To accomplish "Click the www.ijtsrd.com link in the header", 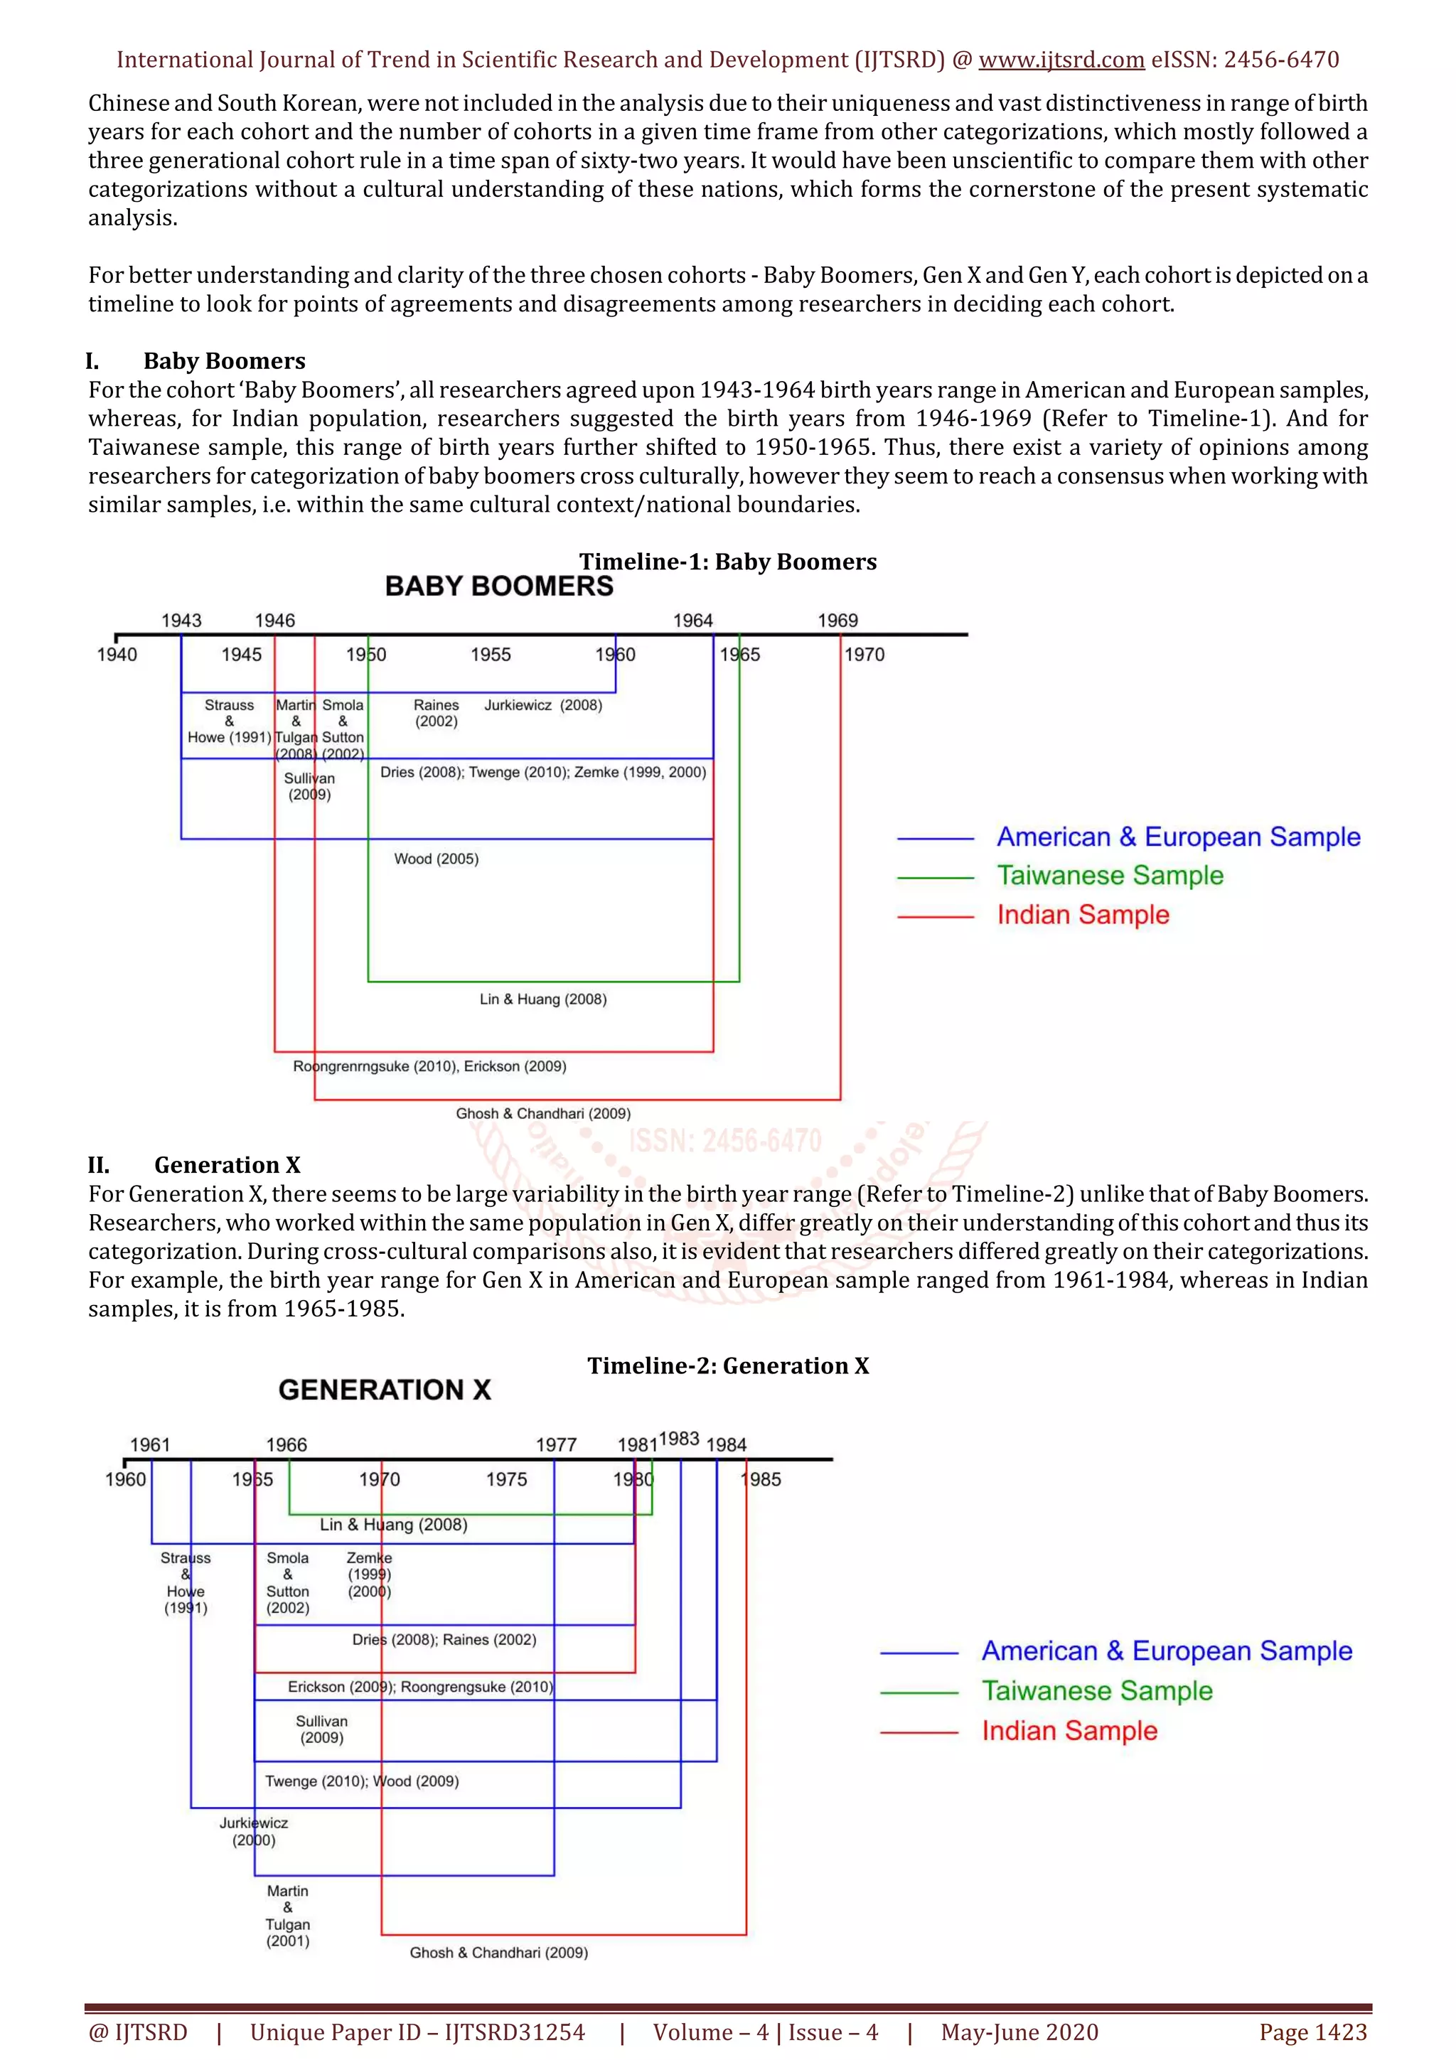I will pos(1061,60).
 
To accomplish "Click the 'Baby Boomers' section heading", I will pos(224,360).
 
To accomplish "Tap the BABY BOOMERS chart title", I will pos(499,586).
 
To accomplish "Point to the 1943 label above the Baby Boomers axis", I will pos(181,620).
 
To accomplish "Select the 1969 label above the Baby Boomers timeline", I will pos(837,620).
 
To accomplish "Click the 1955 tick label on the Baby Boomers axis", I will pos(491,654).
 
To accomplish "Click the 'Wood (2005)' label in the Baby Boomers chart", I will pos(436,859).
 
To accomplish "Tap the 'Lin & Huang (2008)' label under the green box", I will pos(542,999).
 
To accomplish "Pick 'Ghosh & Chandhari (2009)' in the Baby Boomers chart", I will pos(542,1113).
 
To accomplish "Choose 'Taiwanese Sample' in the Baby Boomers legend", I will pos(1110,876).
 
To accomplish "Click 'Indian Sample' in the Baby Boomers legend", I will pos(1083,915).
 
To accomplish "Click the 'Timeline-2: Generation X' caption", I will pos(727,1366).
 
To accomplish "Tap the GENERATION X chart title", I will pos(385,1390).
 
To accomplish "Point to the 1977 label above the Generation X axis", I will pos(556,1444).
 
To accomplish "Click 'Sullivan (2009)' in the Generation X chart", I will pos(321,1729).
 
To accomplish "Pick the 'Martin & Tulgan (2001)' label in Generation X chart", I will pos(287,1916).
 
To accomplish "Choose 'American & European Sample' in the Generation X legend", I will pos(1166,1651).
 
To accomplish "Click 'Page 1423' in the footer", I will pos(1312,2032).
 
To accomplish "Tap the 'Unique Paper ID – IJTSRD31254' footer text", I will pos(417,2032).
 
